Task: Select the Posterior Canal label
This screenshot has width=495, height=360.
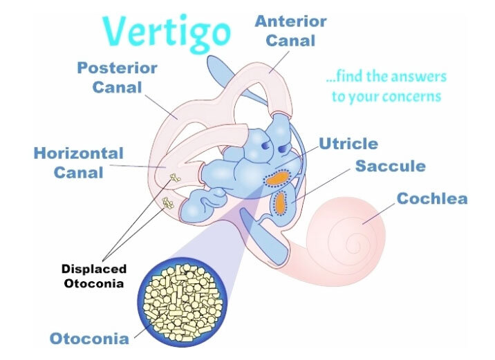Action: point(117,78)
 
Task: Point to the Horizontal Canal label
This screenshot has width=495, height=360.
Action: point(78,162)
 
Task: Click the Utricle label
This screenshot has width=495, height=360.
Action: point(348,144)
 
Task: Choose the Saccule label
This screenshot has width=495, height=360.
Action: point(390,167)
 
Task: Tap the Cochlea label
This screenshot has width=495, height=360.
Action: point(431,199)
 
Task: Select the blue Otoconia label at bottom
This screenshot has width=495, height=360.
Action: point(88,339)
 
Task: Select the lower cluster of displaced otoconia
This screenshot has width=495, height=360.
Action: point(167,202)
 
